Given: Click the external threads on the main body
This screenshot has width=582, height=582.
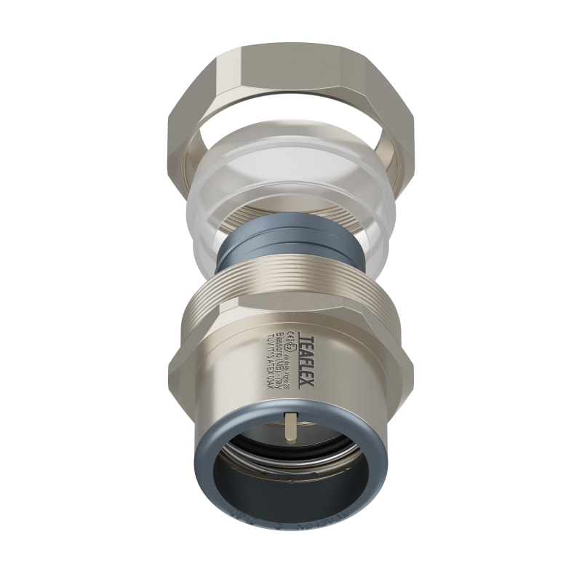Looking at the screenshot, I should click(x=291, y=280).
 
